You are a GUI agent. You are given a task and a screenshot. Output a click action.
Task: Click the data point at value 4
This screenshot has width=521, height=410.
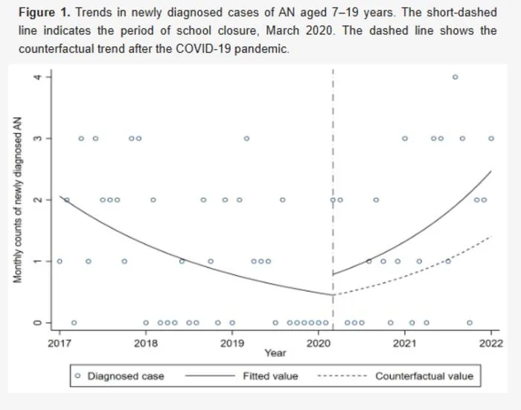click(x=456, y=77)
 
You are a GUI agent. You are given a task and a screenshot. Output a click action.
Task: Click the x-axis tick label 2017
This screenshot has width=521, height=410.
click(x=60, y=343)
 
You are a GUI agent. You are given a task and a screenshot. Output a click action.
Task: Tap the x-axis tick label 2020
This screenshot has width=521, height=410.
click(x=319, y=343)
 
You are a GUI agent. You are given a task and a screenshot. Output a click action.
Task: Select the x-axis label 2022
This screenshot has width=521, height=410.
click(x=491, y=343)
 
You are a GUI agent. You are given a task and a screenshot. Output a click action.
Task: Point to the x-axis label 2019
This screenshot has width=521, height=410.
click(x=232, y=343)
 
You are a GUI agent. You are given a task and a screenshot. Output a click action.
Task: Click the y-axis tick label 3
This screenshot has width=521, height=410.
click(x=37, y=138)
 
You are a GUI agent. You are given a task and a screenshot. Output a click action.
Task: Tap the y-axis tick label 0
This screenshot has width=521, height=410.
click(x=37, y=323)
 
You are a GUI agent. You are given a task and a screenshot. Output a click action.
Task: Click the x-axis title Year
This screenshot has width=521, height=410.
click(x=275, y=353)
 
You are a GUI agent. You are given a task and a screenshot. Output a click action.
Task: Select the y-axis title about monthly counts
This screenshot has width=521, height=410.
click(x=18, y=200)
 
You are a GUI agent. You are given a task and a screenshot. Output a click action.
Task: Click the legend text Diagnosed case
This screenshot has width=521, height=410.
click(x=126, y=376)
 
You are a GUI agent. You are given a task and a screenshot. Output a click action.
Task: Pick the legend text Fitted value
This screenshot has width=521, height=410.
click(x=270, y=376)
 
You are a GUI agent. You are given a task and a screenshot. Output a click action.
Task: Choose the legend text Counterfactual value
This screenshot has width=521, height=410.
click(x=424, y=376)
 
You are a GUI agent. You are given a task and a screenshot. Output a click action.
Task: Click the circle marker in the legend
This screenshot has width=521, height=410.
click(x=78, y=376)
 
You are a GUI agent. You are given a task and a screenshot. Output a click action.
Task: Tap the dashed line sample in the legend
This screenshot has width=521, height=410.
click(x=342, y=376)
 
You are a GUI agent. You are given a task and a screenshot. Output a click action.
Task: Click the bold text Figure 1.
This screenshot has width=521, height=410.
click(x=45, y=13)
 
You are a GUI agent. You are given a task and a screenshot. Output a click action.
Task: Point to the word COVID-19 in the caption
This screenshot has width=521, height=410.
click(x=203, y=49)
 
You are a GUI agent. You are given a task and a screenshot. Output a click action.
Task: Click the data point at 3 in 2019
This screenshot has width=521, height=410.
click(x=246, y=138)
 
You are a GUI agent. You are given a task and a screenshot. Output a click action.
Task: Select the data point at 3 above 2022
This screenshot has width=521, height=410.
click(x=491, y=138)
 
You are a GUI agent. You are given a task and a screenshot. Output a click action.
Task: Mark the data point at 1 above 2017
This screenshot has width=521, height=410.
click(x=60, y=261)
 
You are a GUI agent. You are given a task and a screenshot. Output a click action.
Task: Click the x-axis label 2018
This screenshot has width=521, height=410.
click(x=146, y=343)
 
